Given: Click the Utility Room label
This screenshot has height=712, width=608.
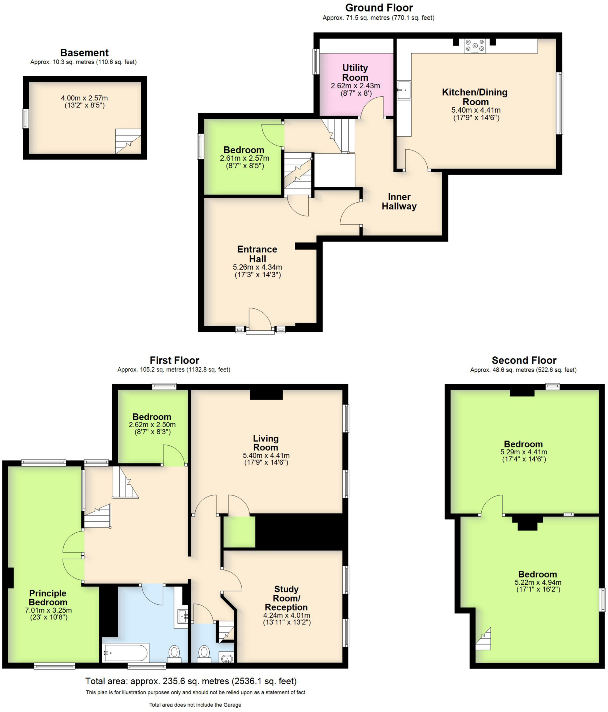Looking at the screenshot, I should coord(355,72).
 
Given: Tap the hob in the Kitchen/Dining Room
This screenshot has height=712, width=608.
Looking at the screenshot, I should coord(475,46).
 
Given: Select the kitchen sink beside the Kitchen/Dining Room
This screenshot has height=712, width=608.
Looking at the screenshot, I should coord(404,90).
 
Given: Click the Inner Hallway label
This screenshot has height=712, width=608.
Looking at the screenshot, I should coord(399,202).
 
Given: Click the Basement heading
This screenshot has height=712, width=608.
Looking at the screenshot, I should coord(84,52).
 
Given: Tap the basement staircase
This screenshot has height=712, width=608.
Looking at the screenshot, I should coord(128,141).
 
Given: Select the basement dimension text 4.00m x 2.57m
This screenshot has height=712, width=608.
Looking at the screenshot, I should coord(84,98).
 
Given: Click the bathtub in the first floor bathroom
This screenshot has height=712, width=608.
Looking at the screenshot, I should coord(126,653).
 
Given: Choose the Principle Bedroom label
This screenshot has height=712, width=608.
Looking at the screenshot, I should coord(48,598).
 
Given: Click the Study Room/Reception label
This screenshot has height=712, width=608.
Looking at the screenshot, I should coord(286,598).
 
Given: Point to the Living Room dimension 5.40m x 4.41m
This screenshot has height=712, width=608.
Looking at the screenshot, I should coord(266,455).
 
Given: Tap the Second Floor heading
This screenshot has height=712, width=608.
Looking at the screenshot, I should coord(524,360).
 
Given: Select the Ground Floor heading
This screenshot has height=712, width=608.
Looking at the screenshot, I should coord(379,8).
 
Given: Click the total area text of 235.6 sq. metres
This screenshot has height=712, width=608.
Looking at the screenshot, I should coord(191,681).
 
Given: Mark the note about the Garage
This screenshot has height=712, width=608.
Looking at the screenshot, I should coord(195,705).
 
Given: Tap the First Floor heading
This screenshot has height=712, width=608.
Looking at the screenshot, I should coord(174,360).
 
